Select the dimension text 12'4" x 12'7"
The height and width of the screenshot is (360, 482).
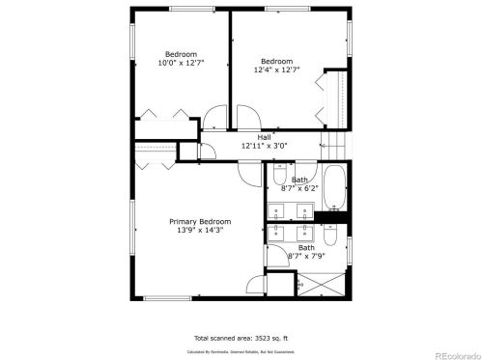point(276,69)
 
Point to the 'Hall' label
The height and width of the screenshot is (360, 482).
point(263,137)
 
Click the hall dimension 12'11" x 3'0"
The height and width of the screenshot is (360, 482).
point(263,146)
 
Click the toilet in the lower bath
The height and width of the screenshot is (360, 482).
point(330,235)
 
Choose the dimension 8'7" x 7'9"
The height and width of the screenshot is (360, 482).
point(305,256)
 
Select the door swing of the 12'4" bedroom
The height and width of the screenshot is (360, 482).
point(246,120)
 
